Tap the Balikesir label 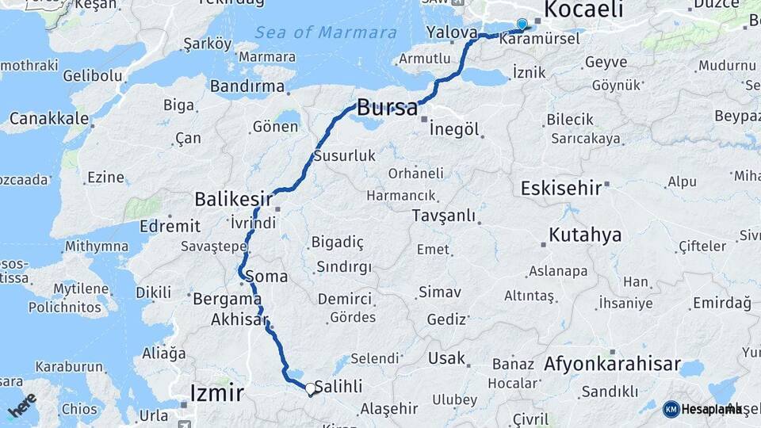pyautogui.click(x=234, y=198)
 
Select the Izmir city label pyautogui.click(x=216, y=392)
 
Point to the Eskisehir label pyautogui.click(x=560, y=188)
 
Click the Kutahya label pyautogui.click(x=585, y=235)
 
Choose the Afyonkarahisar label pyautogui.click(x=612, y=365)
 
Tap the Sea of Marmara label pyautogui.click(x=326, y=32)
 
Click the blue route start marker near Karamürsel pyautogui.click(x=522, y=25)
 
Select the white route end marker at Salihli pyautogui.click(x=310, y=389)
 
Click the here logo pyautogui.click(x=22, y=405)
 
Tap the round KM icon pyautogui.click(x=671, y=409)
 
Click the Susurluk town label pyautogui.click(x=345, y=156)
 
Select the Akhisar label pyautogui.click(x=239, y=320)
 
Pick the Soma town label pyautogui.click(x=266, y=277)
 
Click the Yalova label pyautogui.click(x=451, y=32)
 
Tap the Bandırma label pyautogui.click(x=248, y=85)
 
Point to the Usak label pyautogui.click(x=446, y=358)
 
